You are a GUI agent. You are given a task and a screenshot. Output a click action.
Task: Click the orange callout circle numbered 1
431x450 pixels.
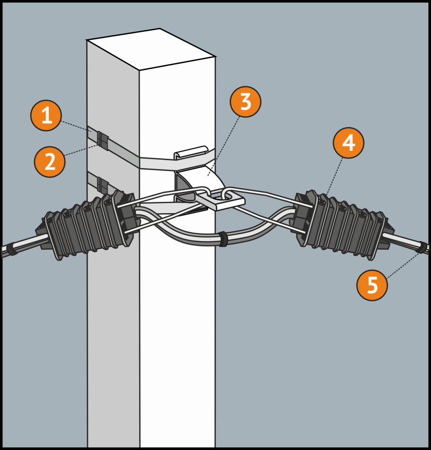click(x=46, y=116)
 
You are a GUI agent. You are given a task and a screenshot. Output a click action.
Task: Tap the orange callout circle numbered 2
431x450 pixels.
click(x=50, y=162)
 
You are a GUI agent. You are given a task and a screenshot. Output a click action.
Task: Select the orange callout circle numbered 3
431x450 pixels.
click(x=245, y=103)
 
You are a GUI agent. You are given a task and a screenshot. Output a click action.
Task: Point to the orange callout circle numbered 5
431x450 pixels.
click(x=372, y=285)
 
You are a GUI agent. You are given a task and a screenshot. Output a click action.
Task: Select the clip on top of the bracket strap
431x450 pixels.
click(x=191, y=152)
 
